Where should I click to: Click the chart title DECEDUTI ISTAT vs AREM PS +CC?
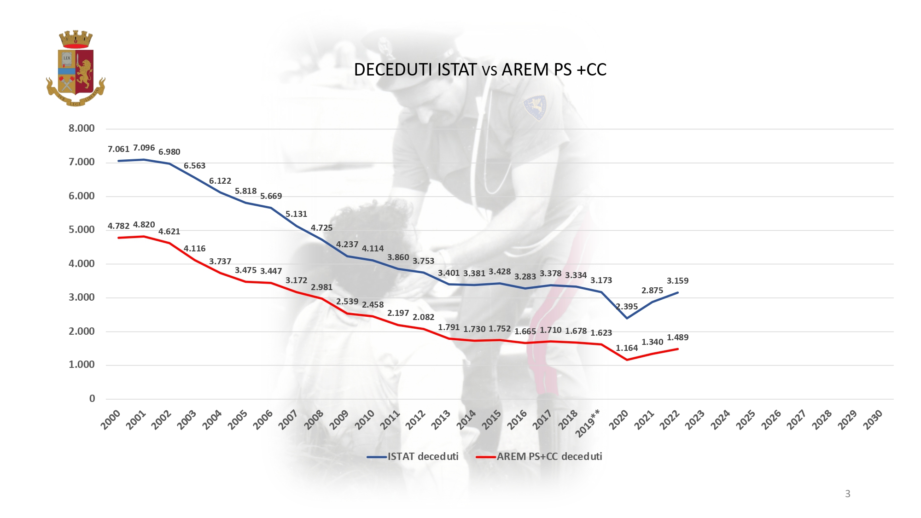coord(480,70)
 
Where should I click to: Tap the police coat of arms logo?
coord(76,69)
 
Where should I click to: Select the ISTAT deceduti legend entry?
coord(413,456)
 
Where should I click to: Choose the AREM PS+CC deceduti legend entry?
coord(539,456)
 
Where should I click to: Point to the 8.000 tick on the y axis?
coord(82,128)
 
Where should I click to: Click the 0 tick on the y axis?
coord(92,399)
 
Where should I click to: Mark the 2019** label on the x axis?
coord(588,423)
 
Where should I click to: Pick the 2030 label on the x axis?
coord(873,419)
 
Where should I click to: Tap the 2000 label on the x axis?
coord(111,419)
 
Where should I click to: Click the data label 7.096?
coord(144,148)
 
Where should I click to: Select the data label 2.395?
coord(627,306)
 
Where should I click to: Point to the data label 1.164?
coord(627,348)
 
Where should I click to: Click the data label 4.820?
coord(144,225)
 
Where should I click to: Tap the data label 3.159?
coord(677,280)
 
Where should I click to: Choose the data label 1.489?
coord(677,338)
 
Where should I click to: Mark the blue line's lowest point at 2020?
coord(627,318)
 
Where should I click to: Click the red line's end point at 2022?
coord(677,349)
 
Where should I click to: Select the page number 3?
coord(847,494)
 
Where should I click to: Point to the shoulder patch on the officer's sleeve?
coord(535,107)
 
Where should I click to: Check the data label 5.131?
coord(296,214)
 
